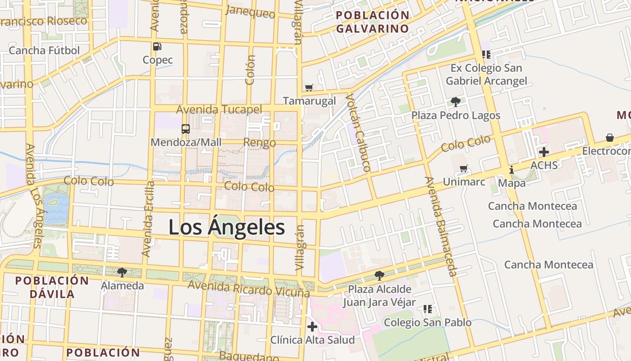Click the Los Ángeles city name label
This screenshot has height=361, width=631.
coord(227,227)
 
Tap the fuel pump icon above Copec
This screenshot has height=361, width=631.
coord(157,46)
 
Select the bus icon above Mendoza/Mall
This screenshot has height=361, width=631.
coord(186,129)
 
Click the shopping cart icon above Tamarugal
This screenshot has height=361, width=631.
coord(309,88)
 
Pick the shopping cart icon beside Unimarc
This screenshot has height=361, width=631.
coord(463,169)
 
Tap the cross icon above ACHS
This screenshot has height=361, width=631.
coord(544,152)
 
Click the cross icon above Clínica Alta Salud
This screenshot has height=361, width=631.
coord(312,327)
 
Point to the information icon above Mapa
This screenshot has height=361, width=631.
coord(512,170)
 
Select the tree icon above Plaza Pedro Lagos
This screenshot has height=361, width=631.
coord(455,102)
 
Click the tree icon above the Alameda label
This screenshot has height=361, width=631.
coord(122,272)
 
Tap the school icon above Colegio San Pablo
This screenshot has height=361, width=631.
coord(427,309)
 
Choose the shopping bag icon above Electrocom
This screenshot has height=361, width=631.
coord(610,137)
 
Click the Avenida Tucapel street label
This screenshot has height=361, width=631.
coord(219,110)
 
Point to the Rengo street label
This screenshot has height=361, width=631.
coord(260,143)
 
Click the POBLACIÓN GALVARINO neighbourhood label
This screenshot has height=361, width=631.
coord(373,22)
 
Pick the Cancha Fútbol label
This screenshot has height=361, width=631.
coord(44,50)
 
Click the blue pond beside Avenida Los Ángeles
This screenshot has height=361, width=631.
coord(57,208)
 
